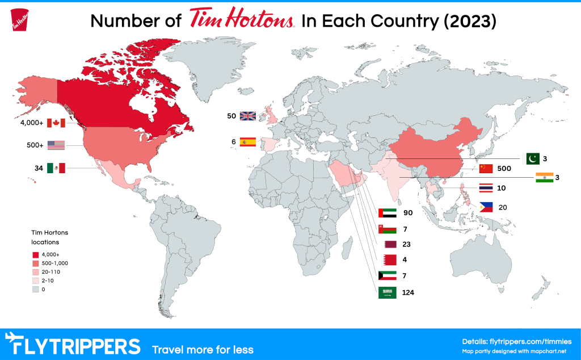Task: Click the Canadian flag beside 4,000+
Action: (x=56, y=123)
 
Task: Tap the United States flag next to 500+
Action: (x=56, y=145)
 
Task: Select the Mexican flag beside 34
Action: (x=56, y=168)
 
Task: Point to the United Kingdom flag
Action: (x=248, y=116)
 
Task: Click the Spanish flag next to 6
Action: (x=248, y=142)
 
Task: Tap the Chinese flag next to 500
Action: (x=486, y=169)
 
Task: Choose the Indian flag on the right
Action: (x=544, y=177)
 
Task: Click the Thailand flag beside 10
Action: (x=486, y=187)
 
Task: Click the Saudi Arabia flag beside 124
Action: (x=386, y=293)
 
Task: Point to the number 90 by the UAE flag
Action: (x=408, y=214)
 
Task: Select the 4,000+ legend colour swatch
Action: (x=35, y=254)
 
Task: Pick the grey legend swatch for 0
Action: (x=35, y=289)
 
